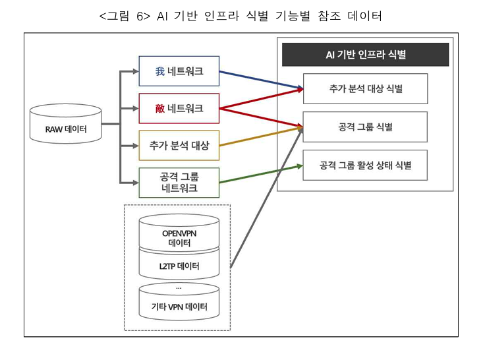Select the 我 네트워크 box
(178, 72)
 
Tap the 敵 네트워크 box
(178, 108)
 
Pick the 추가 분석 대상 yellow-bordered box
(178, 146)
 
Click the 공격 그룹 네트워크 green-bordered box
(178, 183)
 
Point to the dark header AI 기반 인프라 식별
(366, 55)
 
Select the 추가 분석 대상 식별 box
(366, 89)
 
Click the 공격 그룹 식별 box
(366, 126)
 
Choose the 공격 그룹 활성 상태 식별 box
(366, 165)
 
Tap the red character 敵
(160, 108)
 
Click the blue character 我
(160, 72)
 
